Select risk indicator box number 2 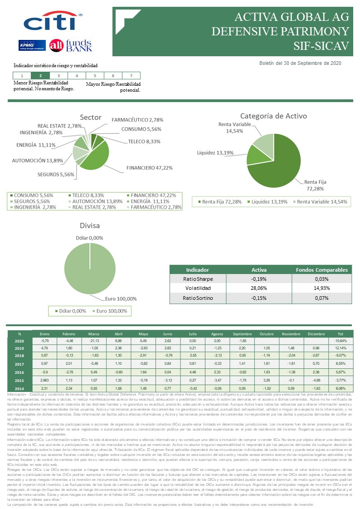[41, 76]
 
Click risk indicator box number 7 [131, 76]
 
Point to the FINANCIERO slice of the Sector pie [97, 157]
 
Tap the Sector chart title [91, 117]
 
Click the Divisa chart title [89, 225]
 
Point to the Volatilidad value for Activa [259, 288]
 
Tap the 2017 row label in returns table [19, 364]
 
